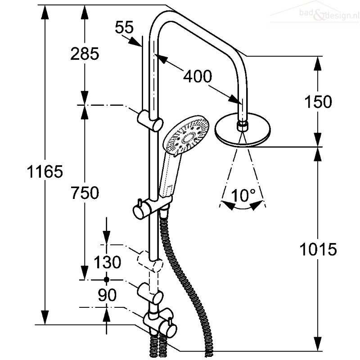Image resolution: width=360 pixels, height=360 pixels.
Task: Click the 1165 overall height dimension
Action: pyautogui.click(x=45, y=171)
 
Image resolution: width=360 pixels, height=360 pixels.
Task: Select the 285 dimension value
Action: pyautogui.click(x=85, y=54)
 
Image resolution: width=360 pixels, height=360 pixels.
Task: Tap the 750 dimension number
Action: pyautogui.click(x=85, y=193)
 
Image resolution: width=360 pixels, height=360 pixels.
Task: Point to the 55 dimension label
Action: pyautogui.click(x=124, y=27)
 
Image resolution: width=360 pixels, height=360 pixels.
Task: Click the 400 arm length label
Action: pyautogui.click(x=198, y=76)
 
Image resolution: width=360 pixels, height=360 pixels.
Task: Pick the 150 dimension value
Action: pyautogui.click(x=318, y=102)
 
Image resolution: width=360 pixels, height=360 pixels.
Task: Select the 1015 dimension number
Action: pyautogui.click(x=318, y=249)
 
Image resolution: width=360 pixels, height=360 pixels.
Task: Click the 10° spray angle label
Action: pyautogui.click(x=243, y=195)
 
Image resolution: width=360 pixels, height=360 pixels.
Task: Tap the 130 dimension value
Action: pyautogui.click(x=108, y=262)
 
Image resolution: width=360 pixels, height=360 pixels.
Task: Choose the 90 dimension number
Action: pyautogui.click(x=107, y=295)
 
